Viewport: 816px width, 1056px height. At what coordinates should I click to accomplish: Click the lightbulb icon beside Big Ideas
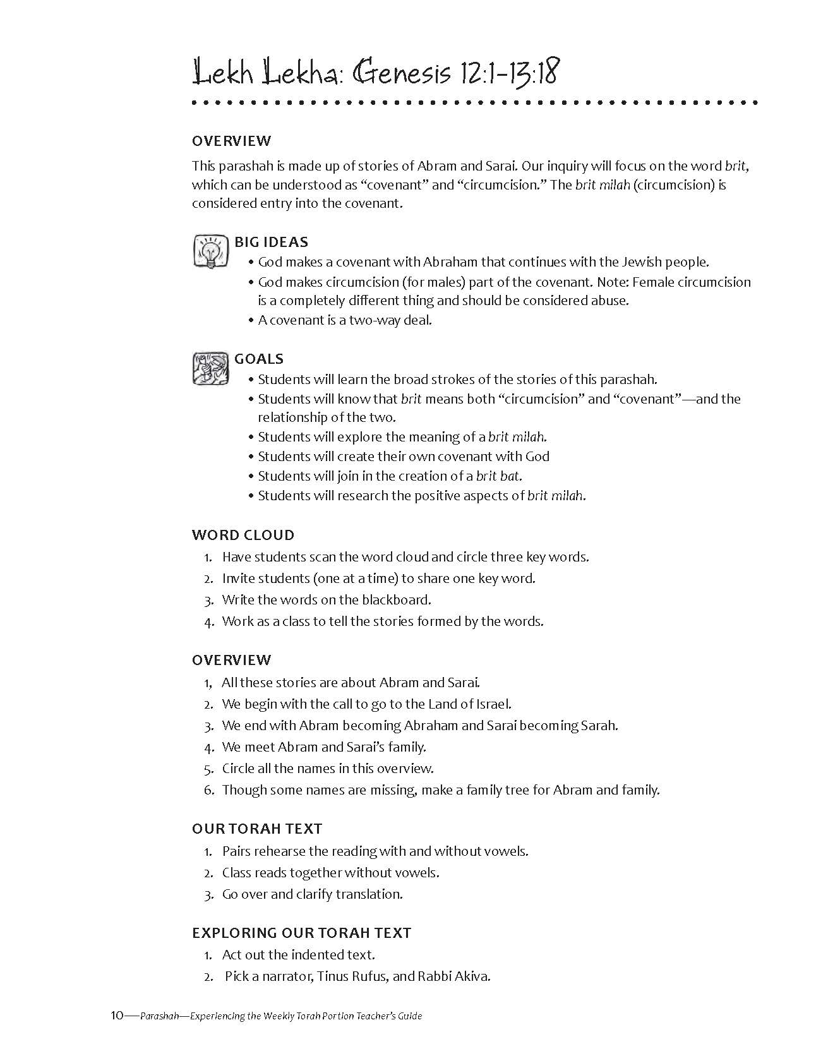click(210, 251)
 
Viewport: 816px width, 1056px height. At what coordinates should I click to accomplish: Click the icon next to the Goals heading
click(210, 368)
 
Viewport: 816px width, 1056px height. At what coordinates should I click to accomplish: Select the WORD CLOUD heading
click(243, 535)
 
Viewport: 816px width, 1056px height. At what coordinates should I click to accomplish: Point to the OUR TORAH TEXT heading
click(257, 829)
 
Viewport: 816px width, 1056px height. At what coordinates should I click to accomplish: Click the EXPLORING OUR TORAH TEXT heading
click(301, 933)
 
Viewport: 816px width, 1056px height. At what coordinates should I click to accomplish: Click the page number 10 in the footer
click(116, 1016)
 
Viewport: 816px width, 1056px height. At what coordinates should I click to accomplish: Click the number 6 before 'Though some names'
click(208, 790)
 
